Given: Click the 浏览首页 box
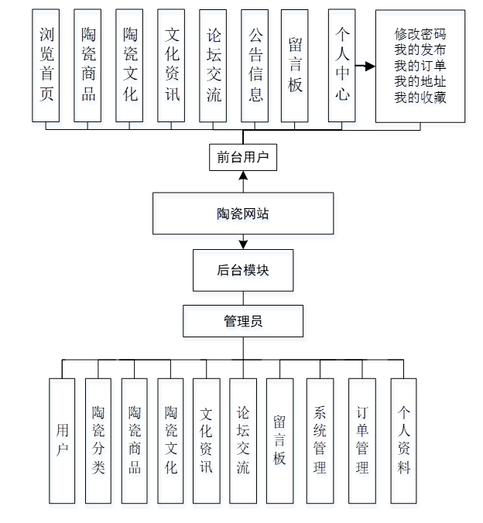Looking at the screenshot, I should [46, 66].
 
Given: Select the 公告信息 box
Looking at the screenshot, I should [255, 66].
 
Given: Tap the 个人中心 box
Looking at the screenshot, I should [341, 66].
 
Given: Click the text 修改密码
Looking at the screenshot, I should [420, 34].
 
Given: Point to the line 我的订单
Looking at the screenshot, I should [420, 66].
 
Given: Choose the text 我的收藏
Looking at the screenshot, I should [420, 97].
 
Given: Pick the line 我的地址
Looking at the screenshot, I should [420, 82].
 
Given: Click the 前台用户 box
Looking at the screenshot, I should [242, 158].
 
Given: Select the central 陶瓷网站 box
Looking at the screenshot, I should [243, 214].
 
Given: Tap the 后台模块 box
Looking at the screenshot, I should [243, 270].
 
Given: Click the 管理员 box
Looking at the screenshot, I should [243, 321].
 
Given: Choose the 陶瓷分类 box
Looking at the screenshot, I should [98, 439].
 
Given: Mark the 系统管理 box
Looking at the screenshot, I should [320, 439].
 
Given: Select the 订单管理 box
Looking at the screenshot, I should [361, 439].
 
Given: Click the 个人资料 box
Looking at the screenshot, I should [403, 439].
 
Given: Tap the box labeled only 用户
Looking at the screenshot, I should [62, 439].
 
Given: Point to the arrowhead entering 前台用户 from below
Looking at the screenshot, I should [243, 176].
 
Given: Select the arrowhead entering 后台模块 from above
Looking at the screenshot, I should [243, 245].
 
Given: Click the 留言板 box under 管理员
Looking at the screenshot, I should [279, 439].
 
